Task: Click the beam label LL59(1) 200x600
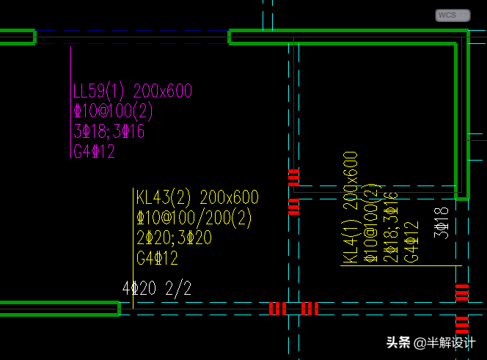133,92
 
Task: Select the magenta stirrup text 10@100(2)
113,111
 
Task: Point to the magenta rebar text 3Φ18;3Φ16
109,132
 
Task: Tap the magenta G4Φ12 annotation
94,152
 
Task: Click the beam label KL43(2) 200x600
197,197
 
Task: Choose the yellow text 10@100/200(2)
194,218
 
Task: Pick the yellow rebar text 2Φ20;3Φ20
174,238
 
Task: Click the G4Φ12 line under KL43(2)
157,258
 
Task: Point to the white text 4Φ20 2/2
156,288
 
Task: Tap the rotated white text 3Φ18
442,223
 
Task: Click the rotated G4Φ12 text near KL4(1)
413,241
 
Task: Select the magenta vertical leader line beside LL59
70,103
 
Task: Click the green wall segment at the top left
17,37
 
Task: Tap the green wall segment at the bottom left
59,309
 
